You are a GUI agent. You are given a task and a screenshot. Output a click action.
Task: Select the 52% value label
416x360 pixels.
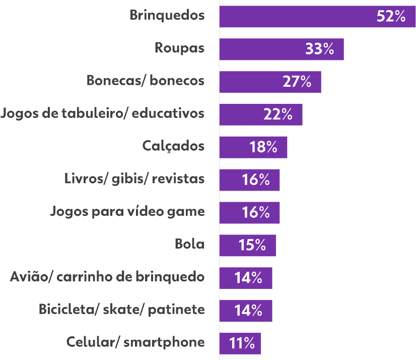coord(391,17)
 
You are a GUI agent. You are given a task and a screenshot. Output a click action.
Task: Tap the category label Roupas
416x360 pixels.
coord(179,48)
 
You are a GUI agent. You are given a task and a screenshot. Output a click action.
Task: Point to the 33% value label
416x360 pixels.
coord(319,49)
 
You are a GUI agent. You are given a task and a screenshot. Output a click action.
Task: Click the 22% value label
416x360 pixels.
coord(278,114)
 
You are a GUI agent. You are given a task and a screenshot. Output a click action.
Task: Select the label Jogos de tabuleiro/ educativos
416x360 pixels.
coord(102,113)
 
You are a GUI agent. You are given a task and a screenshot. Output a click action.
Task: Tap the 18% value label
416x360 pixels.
coord(263,147)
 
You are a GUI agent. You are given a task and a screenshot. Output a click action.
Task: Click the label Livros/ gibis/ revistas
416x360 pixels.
coord(134,178)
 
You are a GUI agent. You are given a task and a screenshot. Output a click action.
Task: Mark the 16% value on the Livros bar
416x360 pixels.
coord(255,180)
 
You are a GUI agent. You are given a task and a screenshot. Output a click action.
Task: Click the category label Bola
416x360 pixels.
coord(189,244)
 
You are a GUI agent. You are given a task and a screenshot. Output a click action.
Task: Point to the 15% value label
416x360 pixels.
coord(252,245)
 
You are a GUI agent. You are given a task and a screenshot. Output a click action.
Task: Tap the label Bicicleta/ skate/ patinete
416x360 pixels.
coord(122,309)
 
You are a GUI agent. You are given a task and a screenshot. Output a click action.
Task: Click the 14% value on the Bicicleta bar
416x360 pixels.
coord(248,311)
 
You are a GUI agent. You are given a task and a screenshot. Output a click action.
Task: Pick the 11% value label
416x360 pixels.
coord(242,343)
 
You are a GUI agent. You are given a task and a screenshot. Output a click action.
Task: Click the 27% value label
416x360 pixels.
coord(297,82)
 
